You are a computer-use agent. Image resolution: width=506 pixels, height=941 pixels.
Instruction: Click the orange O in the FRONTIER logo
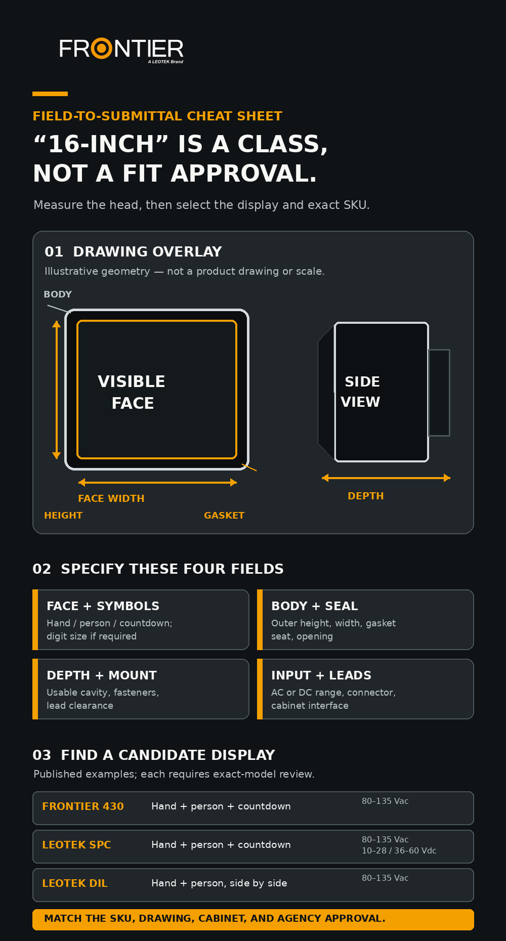pos(102,49)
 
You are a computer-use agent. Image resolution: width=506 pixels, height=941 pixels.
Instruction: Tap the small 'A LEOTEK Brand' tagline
pos(165,62)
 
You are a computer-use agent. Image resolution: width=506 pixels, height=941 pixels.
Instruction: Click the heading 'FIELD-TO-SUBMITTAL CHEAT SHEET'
pos(157,116)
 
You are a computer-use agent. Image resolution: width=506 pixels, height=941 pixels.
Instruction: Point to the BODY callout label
pos(58,294)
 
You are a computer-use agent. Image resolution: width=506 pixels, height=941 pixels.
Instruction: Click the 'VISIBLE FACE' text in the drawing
pos(132,392)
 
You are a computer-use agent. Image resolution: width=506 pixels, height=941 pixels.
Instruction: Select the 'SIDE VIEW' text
pos(361,392)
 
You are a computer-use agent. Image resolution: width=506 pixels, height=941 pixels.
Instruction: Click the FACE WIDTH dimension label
pos(111,498)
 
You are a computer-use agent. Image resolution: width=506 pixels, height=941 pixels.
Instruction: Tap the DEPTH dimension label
pos(366,496)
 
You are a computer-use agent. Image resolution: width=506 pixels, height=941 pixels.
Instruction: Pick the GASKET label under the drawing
pos(224,516)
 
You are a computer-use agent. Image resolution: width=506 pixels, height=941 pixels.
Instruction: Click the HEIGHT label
pos(63,516)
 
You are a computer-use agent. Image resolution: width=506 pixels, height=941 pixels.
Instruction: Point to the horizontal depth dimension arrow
pos(386,478)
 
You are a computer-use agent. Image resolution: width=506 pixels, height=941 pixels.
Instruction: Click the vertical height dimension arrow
pos(57,390)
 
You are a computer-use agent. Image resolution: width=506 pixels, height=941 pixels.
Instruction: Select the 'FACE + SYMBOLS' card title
pos(103,606)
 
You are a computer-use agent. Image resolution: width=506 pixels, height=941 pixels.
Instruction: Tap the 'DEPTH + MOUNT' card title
pos(102,675)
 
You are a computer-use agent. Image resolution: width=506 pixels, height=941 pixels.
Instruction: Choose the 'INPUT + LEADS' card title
pos(321,675)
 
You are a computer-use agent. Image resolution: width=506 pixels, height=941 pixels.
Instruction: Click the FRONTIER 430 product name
pos(83,806)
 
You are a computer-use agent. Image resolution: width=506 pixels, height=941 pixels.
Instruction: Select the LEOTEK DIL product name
pos(75,883)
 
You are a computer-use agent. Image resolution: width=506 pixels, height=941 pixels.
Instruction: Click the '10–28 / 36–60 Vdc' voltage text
pos(399,851)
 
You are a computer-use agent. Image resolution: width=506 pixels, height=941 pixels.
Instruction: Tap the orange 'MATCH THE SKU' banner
pos(253,919)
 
